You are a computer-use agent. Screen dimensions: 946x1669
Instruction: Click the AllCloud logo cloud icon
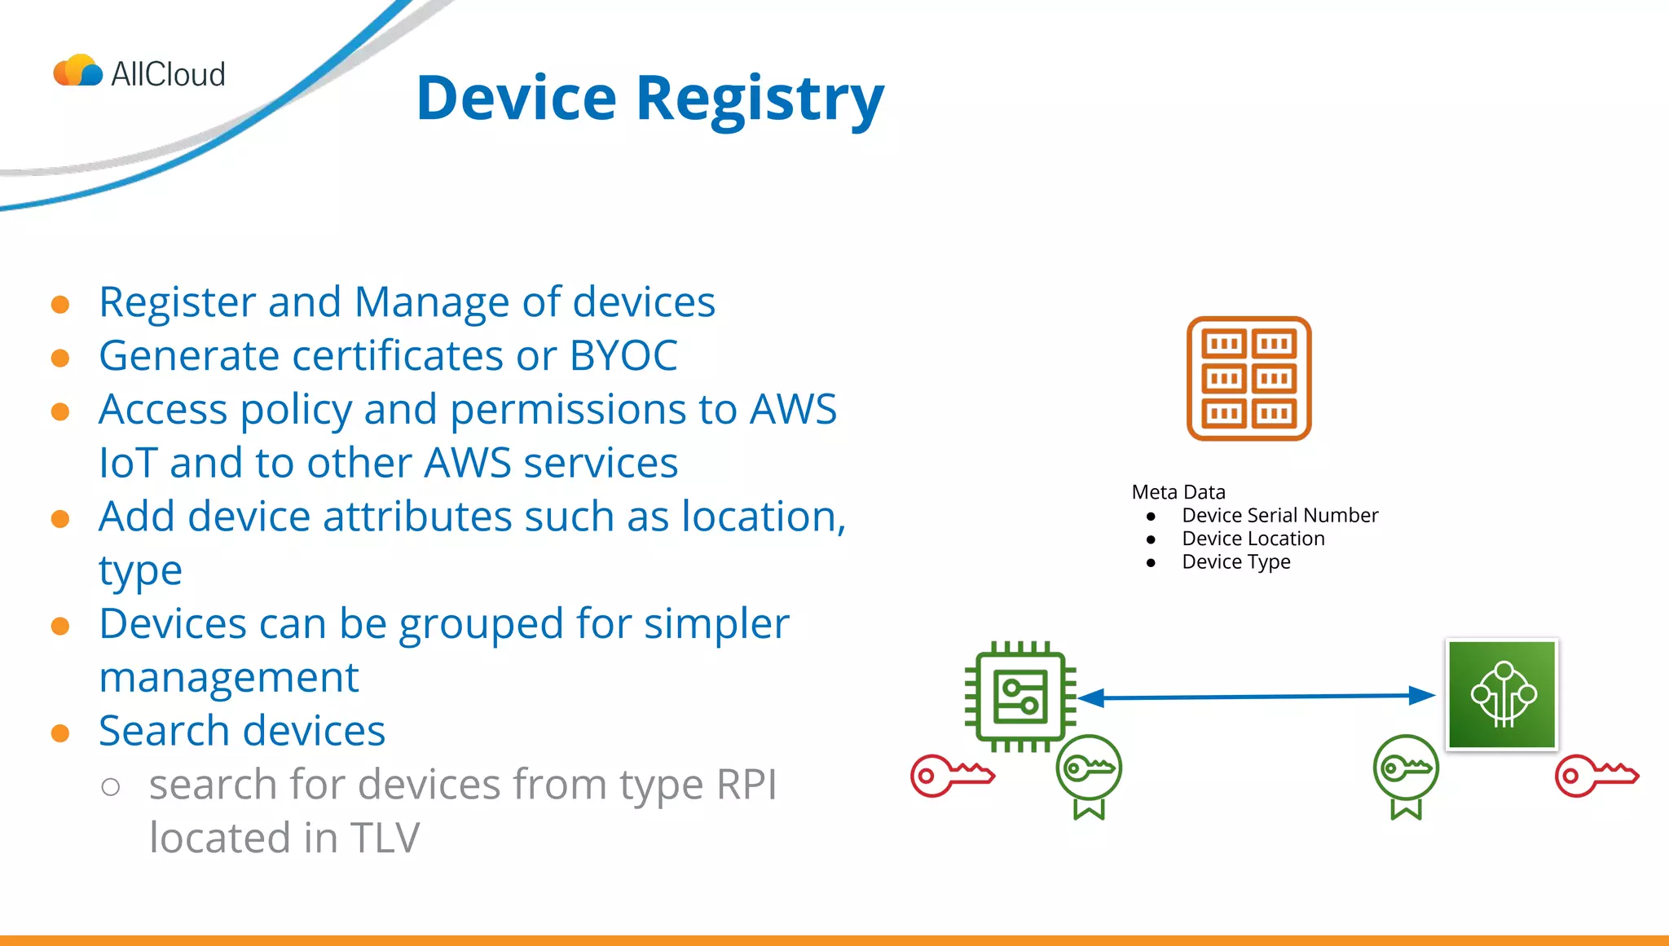[x=78, y=72]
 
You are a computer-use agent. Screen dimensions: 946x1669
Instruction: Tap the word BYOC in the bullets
[x=623, y=356]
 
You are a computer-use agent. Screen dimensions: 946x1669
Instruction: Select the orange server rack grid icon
[x=1248, y=379]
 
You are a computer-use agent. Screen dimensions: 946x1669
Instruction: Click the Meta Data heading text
[x=1178, y=492]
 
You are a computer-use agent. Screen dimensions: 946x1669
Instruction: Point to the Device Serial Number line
[x=1279, y=516]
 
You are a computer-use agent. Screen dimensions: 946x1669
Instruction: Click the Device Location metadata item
[x=1253, y=539]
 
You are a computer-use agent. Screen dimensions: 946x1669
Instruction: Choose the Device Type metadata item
[x=1235, y=562]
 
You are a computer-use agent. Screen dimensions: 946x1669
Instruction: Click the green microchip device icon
[x=1020, y=697]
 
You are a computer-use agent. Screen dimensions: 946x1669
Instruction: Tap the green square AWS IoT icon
[x=1502, y=695]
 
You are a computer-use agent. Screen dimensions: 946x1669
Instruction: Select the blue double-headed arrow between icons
[x=1255, y=697]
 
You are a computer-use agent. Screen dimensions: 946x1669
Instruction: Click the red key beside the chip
[x=951, y=775]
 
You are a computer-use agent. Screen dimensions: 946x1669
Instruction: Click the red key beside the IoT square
[x=1595, y=775]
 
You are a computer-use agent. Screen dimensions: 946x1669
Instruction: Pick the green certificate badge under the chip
[x=1089, y=774]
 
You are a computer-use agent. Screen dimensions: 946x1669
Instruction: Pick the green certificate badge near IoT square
[x=1406, y=774]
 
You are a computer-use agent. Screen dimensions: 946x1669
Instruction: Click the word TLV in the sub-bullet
[x=385, y=838]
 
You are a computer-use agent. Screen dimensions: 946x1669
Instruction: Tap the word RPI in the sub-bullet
[x=746, y=785]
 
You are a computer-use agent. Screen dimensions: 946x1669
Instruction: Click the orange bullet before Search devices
[x=60, y=733]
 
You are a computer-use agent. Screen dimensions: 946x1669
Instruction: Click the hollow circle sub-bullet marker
[x=111, y=786]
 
